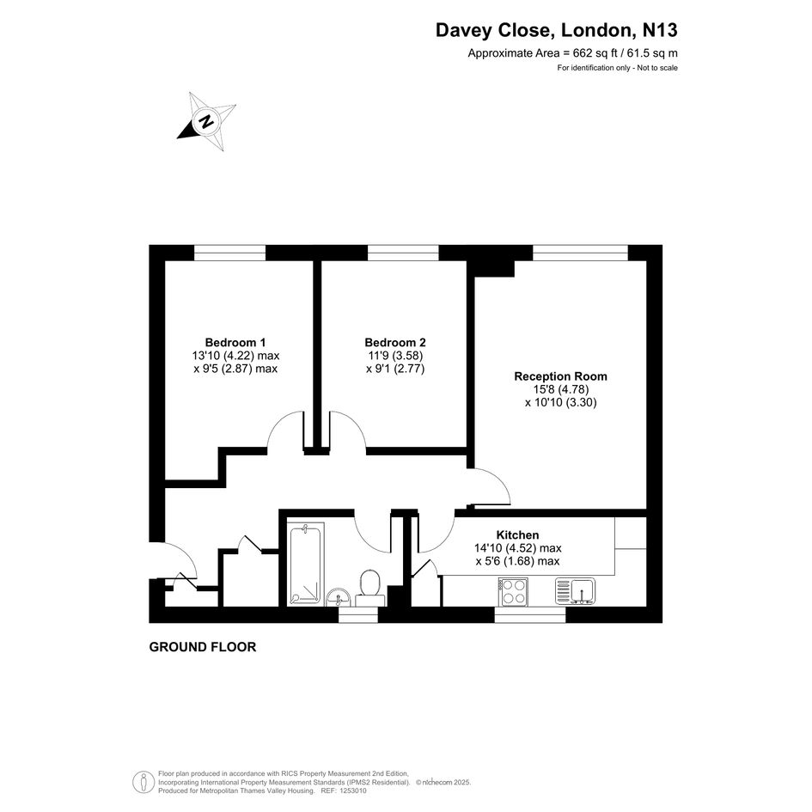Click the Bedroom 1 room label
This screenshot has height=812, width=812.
235,342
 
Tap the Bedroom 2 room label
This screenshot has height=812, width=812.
395,342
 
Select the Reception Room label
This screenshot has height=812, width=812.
560,376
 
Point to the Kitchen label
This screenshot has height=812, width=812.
517,535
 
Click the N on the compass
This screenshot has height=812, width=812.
206,122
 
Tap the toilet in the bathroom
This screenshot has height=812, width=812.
370,589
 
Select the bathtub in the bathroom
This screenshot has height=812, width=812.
305,565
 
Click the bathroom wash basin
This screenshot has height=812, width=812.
339,597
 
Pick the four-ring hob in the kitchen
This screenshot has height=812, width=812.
513,591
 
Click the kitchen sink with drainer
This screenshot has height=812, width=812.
576,591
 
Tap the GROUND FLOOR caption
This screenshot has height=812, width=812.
203,647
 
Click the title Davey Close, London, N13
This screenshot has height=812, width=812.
556,30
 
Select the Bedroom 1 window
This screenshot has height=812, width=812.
230,253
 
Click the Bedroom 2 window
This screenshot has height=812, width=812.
403,253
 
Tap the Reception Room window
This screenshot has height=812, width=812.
581,253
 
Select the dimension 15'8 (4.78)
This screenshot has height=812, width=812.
561,389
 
